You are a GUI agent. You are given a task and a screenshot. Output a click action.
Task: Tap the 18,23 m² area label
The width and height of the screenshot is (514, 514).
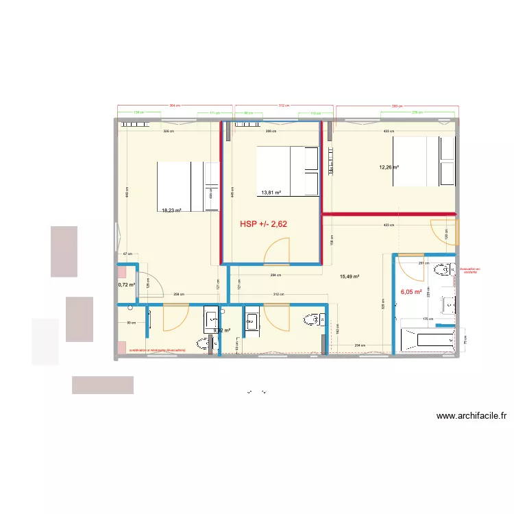tap(171, 211)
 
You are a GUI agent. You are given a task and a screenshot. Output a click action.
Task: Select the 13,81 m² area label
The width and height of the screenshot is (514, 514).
tap(270, 193)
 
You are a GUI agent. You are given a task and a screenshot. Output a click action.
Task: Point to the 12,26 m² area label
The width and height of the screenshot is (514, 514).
tap(389, 167)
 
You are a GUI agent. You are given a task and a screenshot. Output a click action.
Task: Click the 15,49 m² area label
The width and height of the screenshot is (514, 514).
tap(350, 277)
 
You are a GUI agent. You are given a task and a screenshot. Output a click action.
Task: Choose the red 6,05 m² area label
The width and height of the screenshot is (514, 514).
tap(410, 291)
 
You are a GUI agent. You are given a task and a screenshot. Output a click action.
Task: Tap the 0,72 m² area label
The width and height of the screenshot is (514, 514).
tap(126, 284)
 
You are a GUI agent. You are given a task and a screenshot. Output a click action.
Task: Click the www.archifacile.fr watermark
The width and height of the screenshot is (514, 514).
tap(471, 415)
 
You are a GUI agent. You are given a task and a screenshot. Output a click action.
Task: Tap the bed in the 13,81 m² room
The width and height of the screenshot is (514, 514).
tap(287, 171)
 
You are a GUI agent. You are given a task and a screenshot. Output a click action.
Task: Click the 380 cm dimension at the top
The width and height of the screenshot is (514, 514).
tap(395, 106)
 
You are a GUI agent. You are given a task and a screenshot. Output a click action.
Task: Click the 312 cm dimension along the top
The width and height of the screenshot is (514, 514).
tap(282, 106)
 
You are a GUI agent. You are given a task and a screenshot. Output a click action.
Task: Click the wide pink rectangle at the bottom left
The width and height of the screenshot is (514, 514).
tap(102, 384)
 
